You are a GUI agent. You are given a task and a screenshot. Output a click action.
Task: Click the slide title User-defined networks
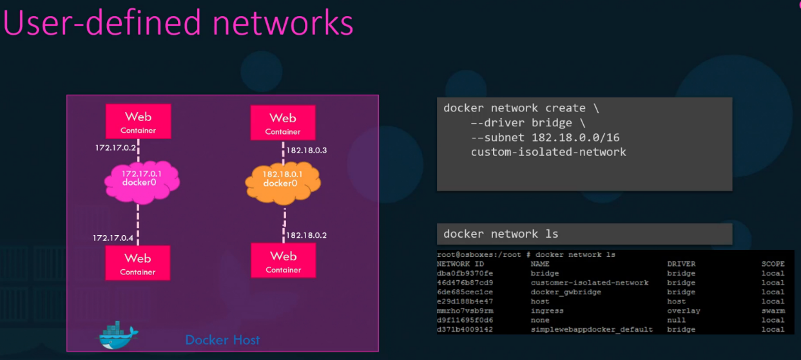179,23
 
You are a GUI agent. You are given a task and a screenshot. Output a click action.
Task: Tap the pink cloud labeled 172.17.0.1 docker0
142,178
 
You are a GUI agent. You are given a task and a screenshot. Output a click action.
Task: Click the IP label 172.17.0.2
115,148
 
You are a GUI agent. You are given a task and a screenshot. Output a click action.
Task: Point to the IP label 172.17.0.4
113,238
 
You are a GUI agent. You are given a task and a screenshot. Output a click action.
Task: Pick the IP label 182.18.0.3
306,150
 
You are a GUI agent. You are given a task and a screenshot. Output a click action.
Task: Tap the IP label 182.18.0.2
306,235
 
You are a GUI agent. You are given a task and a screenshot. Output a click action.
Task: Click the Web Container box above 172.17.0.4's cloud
138,121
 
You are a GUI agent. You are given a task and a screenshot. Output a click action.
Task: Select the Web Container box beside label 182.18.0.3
283,122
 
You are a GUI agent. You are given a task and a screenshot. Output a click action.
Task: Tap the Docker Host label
222,339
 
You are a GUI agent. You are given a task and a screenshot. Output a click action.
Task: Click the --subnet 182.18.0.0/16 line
545,138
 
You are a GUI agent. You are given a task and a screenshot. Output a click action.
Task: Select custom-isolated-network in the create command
548,152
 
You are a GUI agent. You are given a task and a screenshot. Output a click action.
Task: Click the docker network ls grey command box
584,234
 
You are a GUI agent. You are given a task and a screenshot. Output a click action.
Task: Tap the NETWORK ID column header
460,263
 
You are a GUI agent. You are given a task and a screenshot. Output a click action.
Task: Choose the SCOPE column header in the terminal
773,263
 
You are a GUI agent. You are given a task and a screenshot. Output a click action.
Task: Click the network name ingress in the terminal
547,310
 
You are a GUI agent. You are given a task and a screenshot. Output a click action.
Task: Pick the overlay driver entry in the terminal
684,310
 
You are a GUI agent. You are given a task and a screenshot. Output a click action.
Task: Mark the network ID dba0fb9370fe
464,273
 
